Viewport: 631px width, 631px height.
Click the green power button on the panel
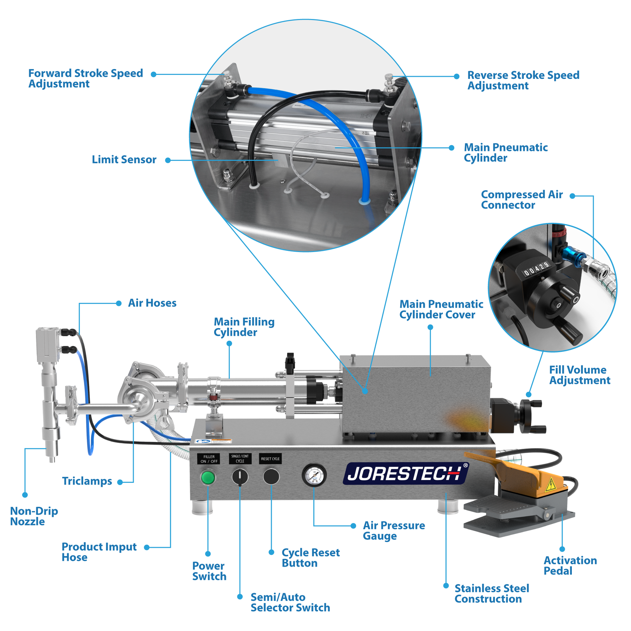pyautogui.click(x=208, y=478)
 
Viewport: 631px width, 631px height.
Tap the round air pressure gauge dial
pyautogui.click(x=314, y=475)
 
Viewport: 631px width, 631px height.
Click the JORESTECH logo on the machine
pyautogui.click(x=405, y=473)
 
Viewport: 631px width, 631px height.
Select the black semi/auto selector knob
pyautogui.click(x=240, y=477)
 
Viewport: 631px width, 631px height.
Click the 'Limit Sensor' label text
pyautogui.click(x=124, y=160)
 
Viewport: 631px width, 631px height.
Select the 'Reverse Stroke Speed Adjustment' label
pyautogui.click(x=523, y=80)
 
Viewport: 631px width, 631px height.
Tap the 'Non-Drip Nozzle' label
pyautogui.click(x=34, y=516)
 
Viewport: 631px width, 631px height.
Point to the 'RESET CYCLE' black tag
pyautogui.click(x=270, y=459)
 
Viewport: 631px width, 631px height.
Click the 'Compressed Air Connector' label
pyautogui.click(x=521, y=200)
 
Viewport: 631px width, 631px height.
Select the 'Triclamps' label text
pyautogui.click(x=87, y=481)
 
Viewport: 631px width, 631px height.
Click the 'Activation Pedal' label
pyautogui.click(x=570, y=566)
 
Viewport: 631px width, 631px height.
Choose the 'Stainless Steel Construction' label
pyautogui.click(x=491, y=594)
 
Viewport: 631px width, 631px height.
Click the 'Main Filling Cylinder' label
pyautogui.click(x=244, y=327)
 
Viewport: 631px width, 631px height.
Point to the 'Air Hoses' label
pyautogui.click(x=152, y=303)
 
